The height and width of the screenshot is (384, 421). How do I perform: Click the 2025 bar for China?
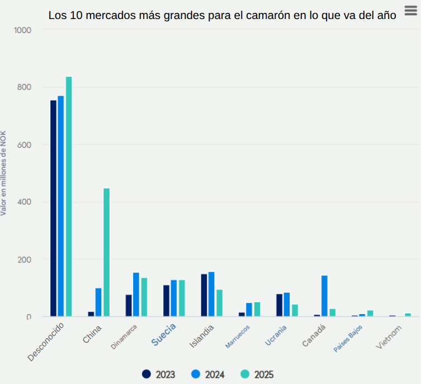(106, 252)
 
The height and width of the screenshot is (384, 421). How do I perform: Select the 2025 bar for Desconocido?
(69, 196)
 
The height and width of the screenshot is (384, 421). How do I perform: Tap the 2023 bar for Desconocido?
(53, 208)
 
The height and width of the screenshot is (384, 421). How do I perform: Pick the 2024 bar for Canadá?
(324, 296)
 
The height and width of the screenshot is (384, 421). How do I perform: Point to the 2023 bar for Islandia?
(204, 295)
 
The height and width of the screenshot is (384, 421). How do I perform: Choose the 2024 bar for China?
(98, 302)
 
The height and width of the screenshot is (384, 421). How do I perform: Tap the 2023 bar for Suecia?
(166, 301)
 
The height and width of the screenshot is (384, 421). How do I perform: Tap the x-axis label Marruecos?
(238, 336)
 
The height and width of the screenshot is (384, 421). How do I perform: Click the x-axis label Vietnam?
(389, 337)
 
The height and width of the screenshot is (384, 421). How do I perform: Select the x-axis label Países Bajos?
(348, 338)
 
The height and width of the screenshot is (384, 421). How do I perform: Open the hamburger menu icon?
(410, 11)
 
